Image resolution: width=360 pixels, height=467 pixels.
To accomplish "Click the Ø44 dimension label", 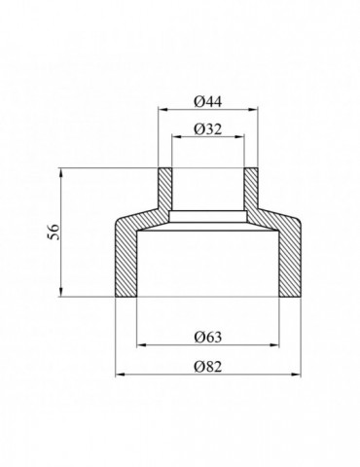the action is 208,102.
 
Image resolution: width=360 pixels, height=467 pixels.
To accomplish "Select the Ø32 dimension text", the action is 208,129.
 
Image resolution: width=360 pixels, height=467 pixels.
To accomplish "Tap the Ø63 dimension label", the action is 208,337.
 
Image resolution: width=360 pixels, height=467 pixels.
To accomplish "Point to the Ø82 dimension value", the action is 208,367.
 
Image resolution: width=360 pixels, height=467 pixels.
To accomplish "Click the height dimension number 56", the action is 54,232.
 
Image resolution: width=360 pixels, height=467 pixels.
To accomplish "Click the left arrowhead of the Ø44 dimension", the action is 162,110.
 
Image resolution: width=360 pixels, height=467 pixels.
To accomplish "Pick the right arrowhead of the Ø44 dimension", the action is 254,110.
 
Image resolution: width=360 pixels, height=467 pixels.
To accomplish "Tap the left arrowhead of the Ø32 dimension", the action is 176,137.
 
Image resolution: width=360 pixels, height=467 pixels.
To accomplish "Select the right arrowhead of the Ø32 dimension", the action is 239,137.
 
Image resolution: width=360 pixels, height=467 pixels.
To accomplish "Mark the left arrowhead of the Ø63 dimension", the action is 141,345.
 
